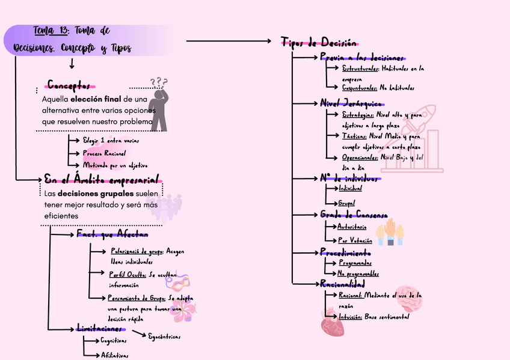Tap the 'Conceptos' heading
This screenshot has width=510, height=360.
[70, 85]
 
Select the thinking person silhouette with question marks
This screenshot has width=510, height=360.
[159, 105]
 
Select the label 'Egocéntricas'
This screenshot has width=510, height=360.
[164, 337]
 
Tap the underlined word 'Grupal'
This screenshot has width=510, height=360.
[346, 203]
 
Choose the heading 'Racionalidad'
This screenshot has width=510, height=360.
[342, 283]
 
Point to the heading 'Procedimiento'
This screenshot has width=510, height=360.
[345, 252]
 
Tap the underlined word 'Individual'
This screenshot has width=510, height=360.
[351, 189]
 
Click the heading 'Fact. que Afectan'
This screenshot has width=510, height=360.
[112, 233]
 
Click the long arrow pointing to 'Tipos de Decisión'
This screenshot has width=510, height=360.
[229, 41]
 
